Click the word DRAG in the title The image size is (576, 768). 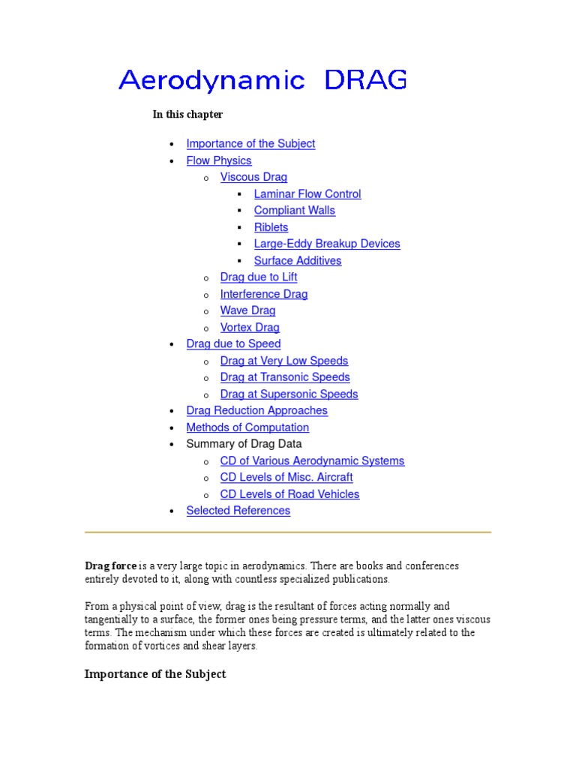tap(366, 79)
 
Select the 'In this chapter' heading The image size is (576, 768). tap(187, 115)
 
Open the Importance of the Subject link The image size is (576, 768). tap(250, 144)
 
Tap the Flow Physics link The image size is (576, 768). tap(219, 160)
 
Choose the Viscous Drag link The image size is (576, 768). tap(253, 178)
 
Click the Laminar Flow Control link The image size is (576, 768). tap(307, 194)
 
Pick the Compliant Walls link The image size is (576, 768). tap(295, 211)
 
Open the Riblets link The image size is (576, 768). tap(271, 227)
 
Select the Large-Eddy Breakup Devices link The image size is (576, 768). tap(327, 244)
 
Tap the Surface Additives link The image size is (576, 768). tap(298, 261)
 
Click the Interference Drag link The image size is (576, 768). tap(264, 294)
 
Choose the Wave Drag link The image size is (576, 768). tap(247, 310)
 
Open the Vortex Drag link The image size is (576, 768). tap(250, 328)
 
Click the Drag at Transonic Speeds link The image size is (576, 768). tap(285, 377)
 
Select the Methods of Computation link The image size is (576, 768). tap(247, 427)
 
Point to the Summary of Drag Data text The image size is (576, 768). tap(244, 444)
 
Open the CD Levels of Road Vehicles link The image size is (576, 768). tap(289, 494)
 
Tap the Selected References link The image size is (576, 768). tap(238, 511)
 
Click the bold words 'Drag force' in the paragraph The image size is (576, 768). tap(111, 566)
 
